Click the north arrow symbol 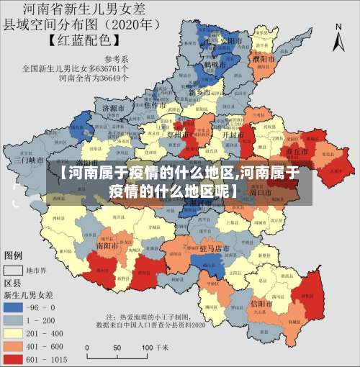click(x=338, y=36)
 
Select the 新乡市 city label click(x=199, y=93)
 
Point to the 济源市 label click(x=114, y=108)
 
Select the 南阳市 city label click(x=107, y=245)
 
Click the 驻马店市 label click(x=215, y=248)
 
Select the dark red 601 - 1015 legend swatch click(x=13, y=357)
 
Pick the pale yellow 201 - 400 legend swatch click(x=13, y=332)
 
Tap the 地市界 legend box click(x=13, y=271)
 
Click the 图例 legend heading click(x=14, y=255)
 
